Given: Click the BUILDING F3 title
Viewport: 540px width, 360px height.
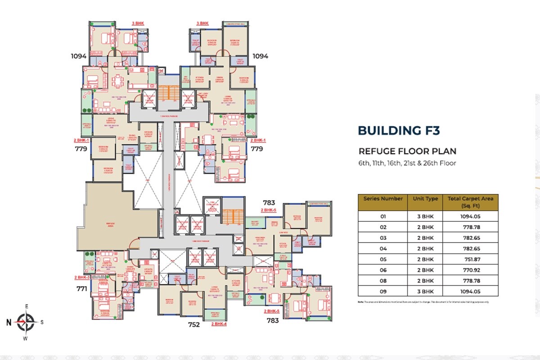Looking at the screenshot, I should click(x=398, y=130).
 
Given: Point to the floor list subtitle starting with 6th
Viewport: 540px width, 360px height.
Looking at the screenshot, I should click(x=407, y=163).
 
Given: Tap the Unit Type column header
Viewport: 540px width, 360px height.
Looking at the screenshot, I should click(x=425, y=198).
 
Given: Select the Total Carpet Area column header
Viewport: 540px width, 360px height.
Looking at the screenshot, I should click(x=470, y=202).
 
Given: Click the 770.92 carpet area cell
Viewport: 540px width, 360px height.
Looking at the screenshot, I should click(x=470, y=270).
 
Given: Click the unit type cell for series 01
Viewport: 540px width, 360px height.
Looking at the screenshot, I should click(x=425, y=216).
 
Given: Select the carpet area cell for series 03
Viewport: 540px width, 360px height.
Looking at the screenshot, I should click(x=470, y=238).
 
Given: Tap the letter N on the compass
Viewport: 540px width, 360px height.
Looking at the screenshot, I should click(x=9, y=322).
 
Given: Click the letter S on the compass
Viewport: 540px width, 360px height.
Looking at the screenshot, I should click(x=42, y=322).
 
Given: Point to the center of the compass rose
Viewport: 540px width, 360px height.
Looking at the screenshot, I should click(x=26, y=322).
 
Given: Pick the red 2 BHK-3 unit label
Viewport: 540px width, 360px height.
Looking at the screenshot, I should click(x=82, y=277).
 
